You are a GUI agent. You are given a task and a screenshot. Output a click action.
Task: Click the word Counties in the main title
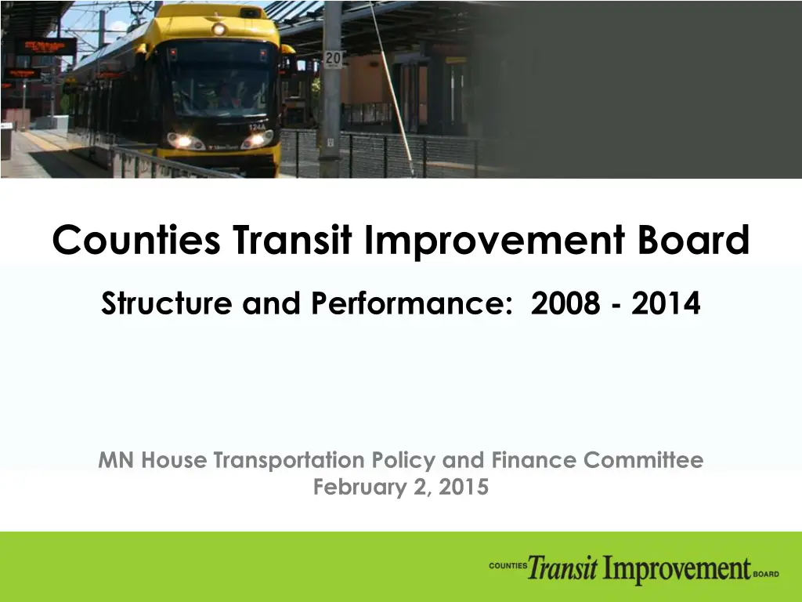136,240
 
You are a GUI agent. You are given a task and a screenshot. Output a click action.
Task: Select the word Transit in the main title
292,240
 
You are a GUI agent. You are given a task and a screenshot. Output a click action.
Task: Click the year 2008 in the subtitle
565,303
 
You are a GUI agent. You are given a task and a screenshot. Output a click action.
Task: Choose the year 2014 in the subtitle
666,303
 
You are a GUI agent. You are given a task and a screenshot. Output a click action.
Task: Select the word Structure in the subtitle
167,303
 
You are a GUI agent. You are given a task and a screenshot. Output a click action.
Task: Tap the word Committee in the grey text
644,459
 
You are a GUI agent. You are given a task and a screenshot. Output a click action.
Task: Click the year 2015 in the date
464,487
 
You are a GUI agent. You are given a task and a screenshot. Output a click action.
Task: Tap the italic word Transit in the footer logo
562,568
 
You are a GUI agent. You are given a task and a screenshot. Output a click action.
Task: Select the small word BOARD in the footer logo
766,575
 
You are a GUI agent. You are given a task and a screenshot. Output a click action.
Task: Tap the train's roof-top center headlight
219,29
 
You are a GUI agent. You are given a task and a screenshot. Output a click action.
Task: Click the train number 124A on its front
257,126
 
